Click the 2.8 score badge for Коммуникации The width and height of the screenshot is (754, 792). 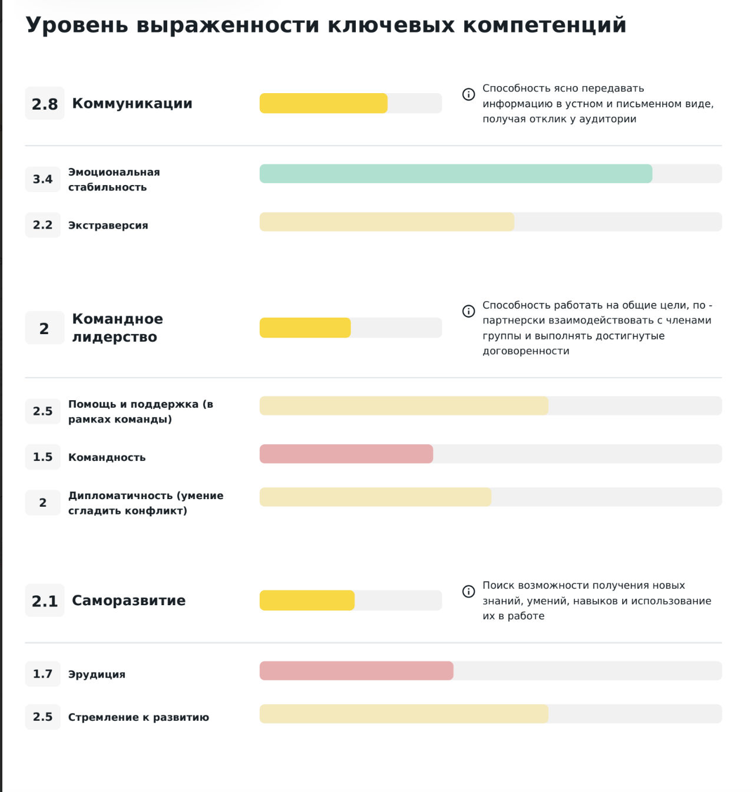pos(44,104)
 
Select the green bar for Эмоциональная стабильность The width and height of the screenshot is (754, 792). pos(455,174)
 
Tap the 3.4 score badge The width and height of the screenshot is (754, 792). pos(42,179)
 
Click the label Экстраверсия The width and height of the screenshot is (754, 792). pos(108,225)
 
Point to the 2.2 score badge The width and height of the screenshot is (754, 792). pos(42,225)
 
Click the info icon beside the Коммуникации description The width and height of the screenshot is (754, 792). pos(468,94)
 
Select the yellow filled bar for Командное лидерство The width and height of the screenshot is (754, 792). pos(305,328)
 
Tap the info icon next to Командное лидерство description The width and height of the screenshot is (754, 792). pos(468,311)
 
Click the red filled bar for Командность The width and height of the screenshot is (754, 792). pos(346,454)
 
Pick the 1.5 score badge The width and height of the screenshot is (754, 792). pos(42,457)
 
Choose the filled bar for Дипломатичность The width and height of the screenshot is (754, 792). pos(375,497)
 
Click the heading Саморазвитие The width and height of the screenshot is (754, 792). pos(128,600)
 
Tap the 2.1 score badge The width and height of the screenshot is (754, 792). pos(44,601)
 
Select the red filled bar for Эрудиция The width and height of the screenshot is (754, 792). pos(356,671)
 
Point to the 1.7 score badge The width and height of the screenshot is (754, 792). pos(42,674)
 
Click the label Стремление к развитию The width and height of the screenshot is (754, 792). pos(138,717)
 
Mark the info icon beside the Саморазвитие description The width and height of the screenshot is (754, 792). pos(468,591)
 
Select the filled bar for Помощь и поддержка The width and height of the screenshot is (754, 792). pos(404,406)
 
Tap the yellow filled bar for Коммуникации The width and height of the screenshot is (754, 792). pos(323,103)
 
